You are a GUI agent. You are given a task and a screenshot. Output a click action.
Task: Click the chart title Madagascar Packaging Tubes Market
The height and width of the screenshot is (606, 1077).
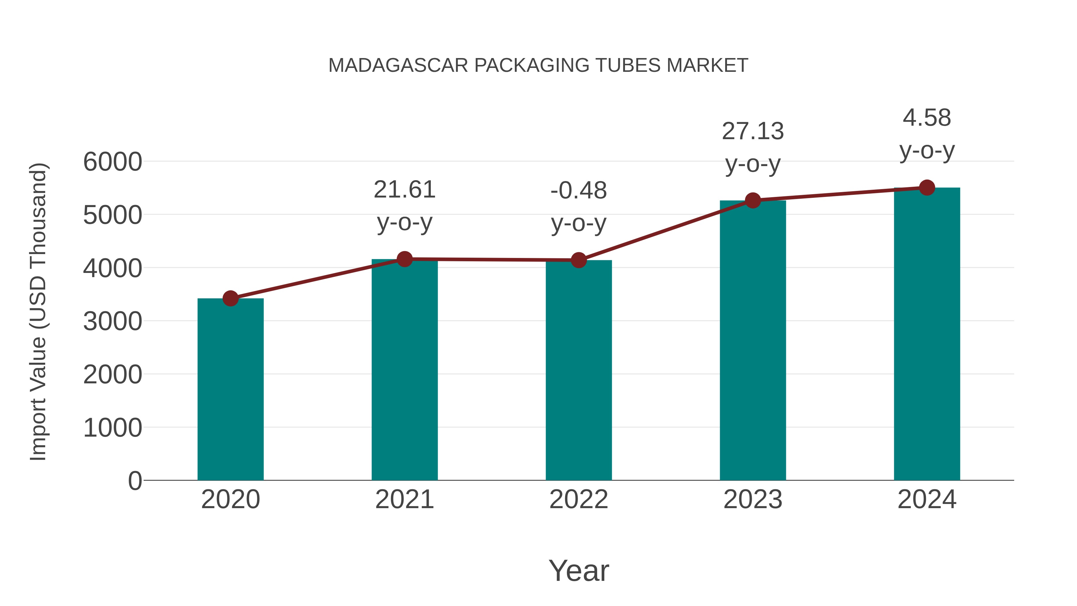pos(538,66)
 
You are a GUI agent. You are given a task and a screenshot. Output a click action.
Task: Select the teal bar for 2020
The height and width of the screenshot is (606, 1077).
pos(230,389)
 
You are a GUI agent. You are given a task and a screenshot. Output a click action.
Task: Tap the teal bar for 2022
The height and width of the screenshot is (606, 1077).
pos(579,370)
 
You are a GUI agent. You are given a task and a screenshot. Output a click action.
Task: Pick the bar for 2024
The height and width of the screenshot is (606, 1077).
pos(927,335)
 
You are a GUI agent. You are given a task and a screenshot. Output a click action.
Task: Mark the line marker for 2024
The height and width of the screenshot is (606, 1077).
pos(927,188)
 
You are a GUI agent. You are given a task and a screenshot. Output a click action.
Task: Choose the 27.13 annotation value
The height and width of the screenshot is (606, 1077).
pos(753,131)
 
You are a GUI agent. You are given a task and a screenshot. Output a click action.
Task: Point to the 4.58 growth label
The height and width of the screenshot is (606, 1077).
pos(927,118)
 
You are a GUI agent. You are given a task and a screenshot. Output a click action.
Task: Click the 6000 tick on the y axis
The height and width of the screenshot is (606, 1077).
pos(112,162)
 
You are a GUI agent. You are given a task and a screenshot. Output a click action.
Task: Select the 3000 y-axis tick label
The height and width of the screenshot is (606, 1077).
pos(112,322)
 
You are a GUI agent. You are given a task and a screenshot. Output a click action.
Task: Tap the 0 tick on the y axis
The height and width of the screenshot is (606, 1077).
pos(135,481)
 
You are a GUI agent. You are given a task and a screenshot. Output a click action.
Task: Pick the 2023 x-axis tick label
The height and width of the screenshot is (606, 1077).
pos(753,499)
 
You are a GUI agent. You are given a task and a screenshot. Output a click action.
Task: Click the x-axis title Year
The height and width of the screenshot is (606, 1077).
pos(579,570)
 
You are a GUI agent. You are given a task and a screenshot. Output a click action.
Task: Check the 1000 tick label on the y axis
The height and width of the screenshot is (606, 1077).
pos(112,428)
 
